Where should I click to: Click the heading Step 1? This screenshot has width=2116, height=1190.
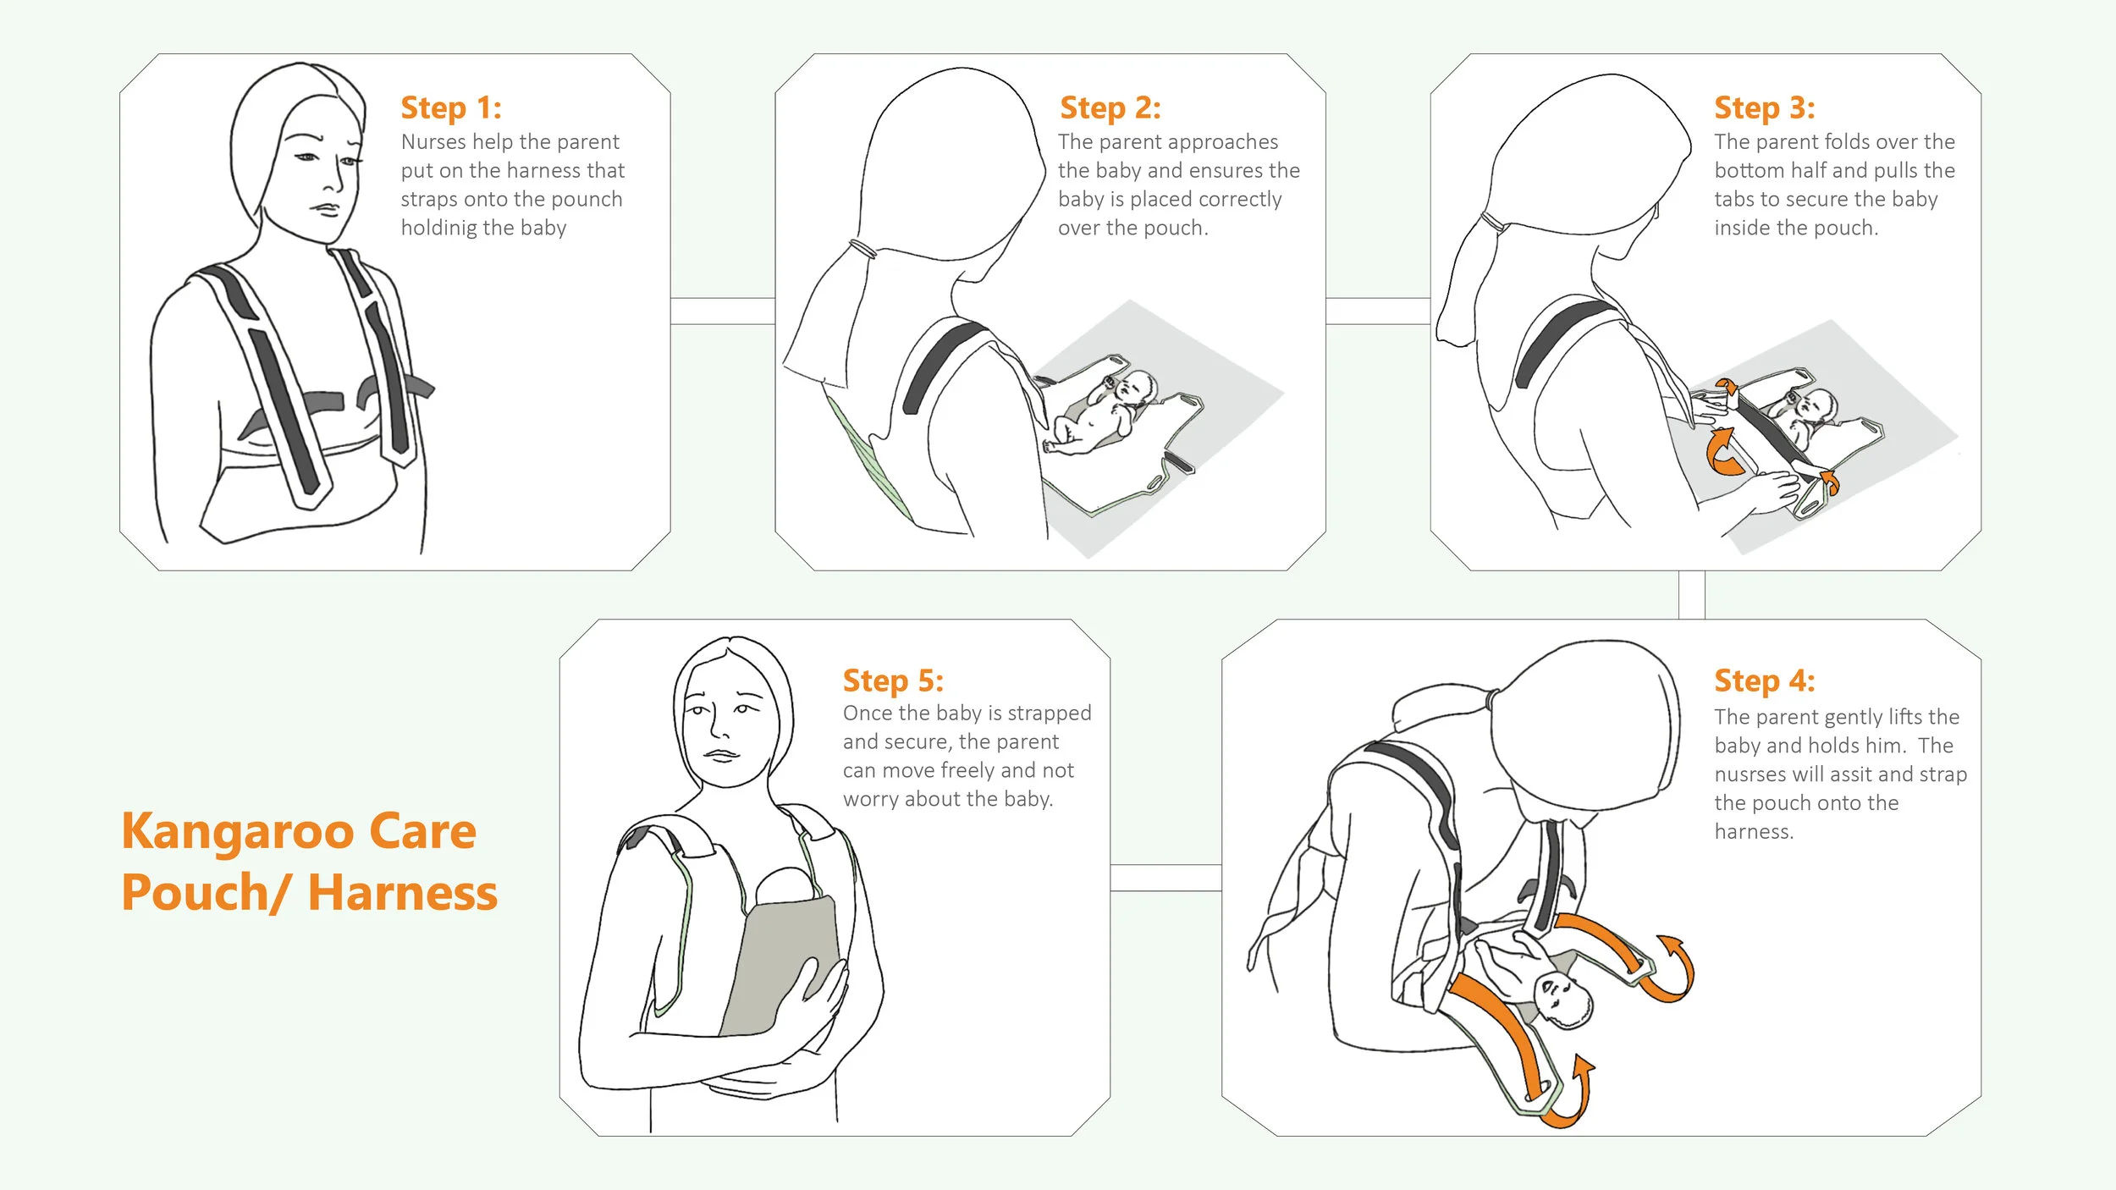[x=450, y=108]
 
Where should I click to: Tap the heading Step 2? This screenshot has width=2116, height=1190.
[x=1110, y=108]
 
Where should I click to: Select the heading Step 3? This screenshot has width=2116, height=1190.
[x=1764, y=108]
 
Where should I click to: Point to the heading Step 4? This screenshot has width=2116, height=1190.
[x=1764, y=681]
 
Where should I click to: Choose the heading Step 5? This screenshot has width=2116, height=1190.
[x=893, y=681]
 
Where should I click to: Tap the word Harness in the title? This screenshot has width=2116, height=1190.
[x=402, y=893]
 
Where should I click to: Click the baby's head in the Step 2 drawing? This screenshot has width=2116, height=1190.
[x=1137, y=387]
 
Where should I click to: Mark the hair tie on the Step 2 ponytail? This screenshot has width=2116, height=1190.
[x=863, y=249]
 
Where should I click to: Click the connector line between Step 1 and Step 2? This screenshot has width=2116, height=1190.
[x=722, y=311]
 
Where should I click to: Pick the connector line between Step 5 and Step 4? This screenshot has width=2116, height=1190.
[x=1165, y=878]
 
